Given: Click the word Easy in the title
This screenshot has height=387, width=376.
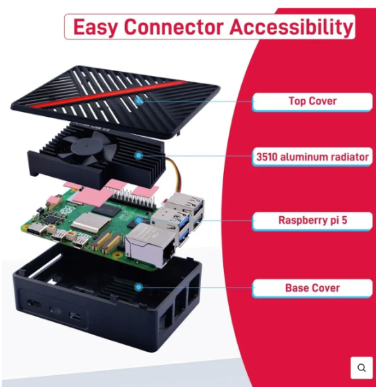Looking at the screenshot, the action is tap(95, 28).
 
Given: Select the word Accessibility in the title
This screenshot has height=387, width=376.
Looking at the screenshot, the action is tap(292, 28).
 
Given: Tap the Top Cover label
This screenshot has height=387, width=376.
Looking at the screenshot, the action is tap(312, 102).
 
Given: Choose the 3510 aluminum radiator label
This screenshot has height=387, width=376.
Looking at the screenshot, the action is tap(312, 156).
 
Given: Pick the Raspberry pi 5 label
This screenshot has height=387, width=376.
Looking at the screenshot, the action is tap(312, 220).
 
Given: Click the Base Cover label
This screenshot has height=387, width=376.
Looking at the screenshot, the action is tap(312, 288).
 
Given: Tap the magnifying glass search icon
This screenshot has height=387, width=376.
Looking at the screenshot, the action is tap(361, 368).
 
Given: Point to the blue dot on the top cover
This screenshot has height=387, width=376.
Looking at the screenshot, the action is tap(139, 100).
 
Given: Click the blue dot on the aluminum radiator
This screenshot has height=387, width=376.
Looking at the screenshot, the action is tap(139, 155).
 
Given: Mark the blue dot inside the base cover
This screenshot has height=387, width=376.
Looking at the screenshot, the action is tap(139, 287).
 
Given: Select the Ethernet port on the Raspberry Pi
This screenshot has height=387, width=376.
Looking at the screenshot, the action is tap(151, 245).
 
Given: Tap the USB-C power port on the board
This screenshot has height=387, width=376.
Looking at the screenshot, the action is tap(37, 229).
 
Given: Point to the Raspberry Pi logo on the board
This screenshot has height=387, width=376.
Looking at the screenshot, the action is tap(66, 210).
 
